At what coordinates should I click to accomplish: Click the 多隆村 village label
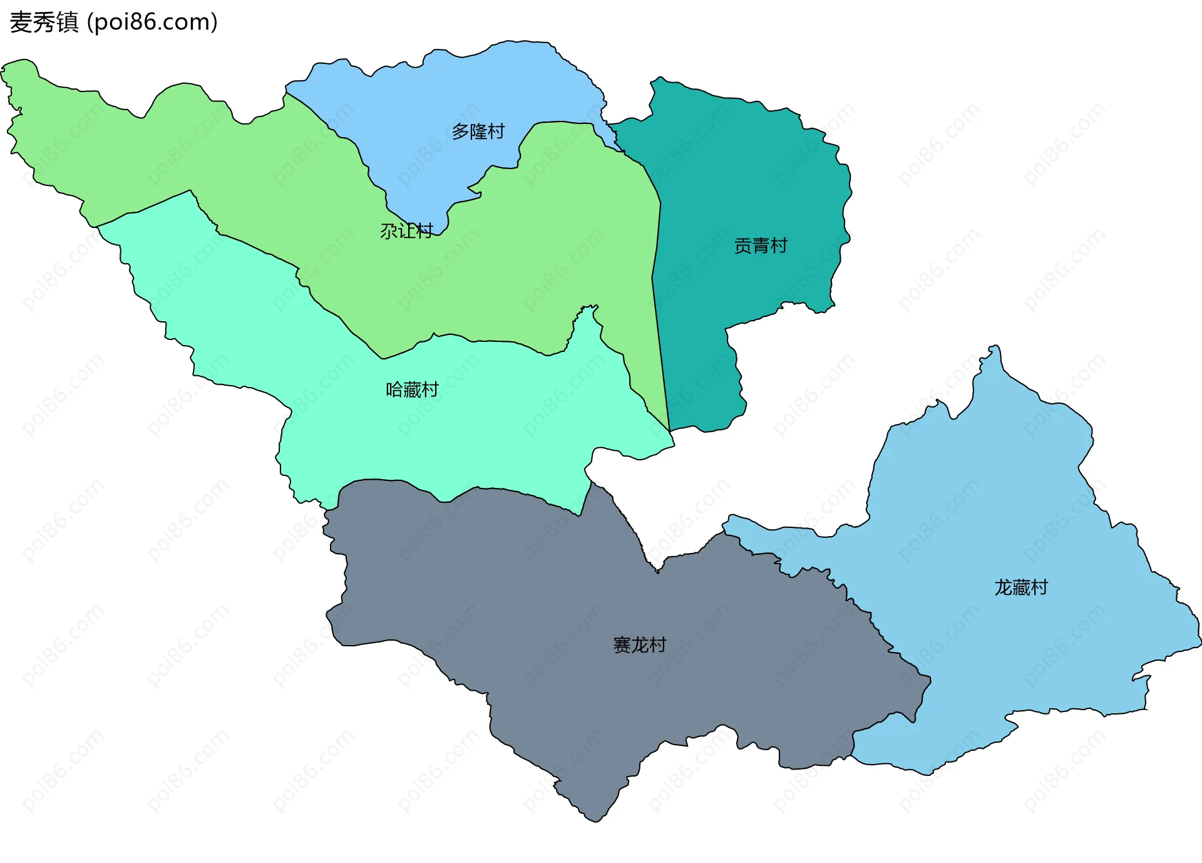tap(478, 132)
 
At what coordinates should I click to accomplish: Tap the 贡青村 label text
tap(760, 245)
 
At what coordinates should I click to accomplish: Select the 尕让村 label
tap(406, 231)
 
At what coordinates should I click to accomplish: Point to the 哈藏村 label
tap(412, 390)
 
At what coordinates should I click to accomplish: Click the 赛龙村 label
tap(639, 644)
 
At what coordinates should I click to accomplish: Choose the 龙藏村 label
tap(1020, 587)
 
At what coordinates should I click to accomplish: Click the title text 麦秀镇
tap(44, 22)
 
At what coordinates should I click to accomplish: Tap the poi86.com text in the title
tap(152, 22)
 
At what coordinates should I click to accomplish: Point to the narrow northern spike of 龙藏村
tap(995, 351)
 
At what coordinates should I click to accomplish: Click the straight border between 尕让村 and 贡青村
tap(658, 313)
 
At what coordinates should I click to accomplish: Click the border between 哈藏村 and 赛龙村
tap(501, 489)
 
